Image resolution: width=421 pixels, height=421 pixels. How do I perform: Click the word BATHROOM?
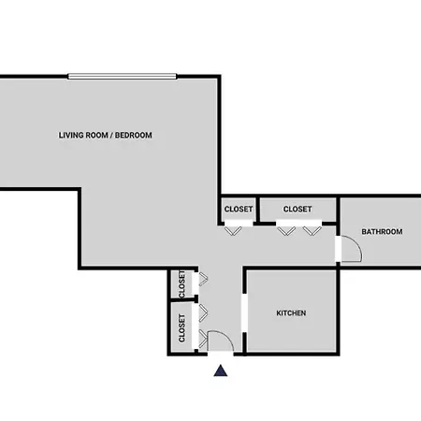coord(382,232)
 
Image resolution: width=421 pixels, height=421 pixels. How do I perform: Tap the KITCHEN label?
coord(291,313)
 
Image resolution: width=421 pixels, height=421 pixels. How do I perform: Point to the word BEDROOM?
coord(134,135)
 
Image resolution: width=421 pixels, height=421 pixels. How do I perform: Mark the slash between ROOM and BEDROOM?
coord(111,135)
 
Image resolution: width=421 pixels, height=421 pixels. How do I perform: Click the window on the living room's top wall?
coord(123,77)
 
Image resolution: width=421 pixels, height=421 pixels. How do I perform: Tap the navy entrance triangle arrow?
coord(221,370)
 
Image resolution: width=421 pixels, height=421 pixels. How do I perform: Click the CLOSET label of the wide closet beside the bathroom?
coord(298,209)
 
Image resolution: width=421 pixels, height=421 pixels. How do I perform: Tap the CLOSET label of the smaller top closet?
coord(239,209)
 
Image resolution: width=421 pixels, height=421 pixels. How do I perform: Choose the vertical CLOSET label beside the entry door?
coord(181,327)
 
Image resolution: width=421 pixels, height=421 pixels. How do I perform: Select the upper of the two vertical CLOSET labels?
coord(181,283)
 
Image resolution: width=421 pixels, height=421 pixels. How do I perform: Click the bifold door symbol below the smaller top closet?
coord(233,231)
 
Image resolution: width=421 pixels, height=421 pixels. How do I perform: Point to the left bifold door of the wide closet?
coord(286,231)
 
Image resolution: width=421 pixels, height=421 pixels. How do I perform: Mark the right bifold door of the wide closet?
coord(312,231)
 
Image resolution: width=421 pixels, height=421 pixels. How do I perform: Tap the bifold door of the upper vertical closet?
coord(203,279)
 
